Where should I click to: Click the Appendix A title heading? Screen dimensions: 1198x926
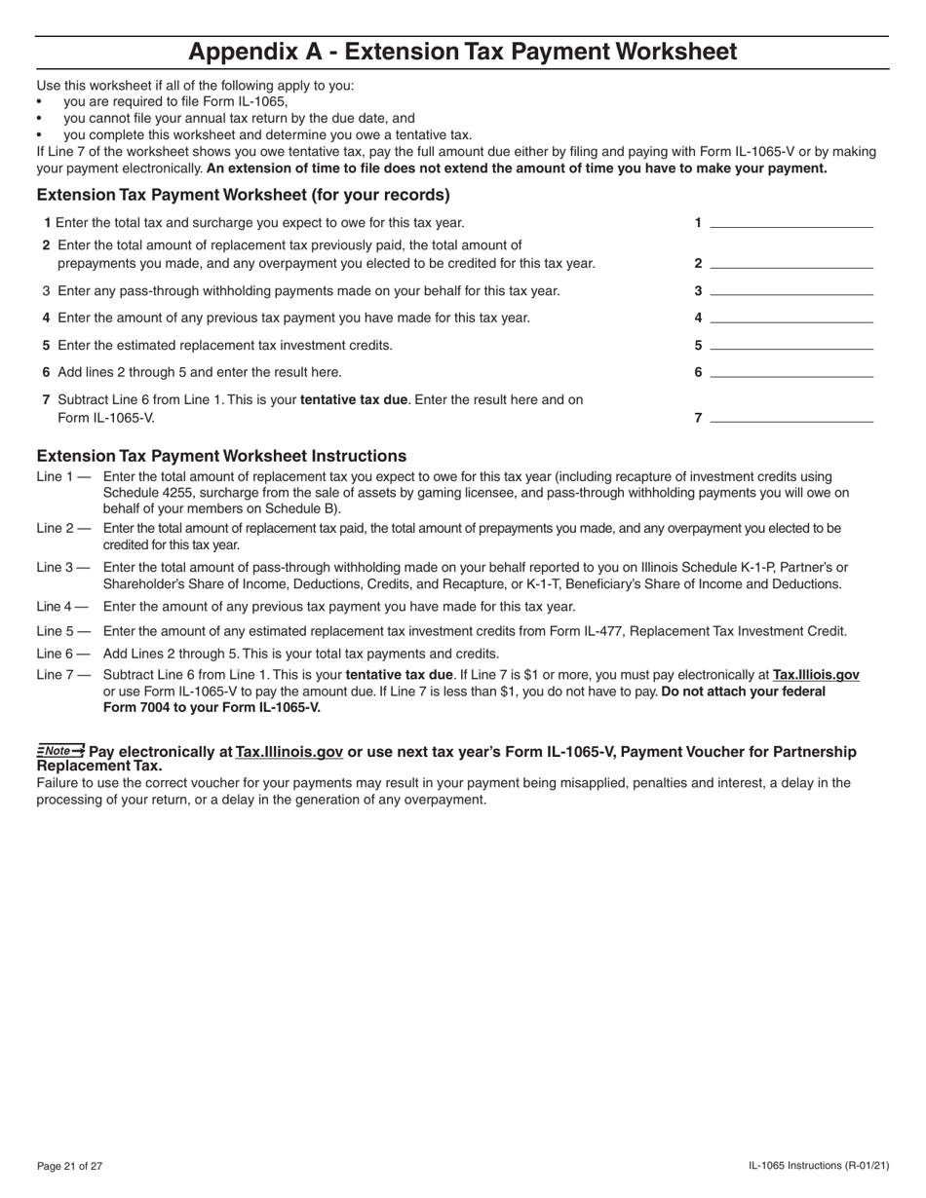click(462, 52)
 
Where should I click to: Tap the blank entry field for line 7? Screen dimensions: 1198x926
click(791, 417)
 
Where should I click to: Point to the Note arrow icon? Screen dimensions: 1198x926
click(60, 750)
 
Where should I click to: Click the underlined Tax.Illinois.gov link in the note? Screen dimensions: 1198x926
click(289, 752)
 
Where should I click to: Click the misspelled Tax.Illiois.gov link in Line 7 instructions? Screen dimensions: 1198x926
click(816, 675)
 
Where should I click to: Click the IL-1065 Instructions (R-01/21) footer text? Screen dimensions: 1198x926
click(819, 1166)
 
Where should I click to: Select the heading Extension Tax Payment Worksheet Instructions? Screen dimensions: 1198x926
click(221, 456)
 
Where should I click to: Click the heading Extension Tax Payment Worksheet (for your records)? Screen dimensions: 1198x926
click(243, 195)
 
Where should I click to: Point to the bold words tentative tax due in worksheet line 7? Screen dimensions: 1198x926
click(354, 399)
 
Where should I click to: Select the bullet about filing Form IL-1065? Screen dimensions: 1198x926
click(175, 101)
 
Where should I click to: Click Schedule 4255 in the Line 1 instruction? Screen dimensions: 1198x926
click(147, 493)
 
